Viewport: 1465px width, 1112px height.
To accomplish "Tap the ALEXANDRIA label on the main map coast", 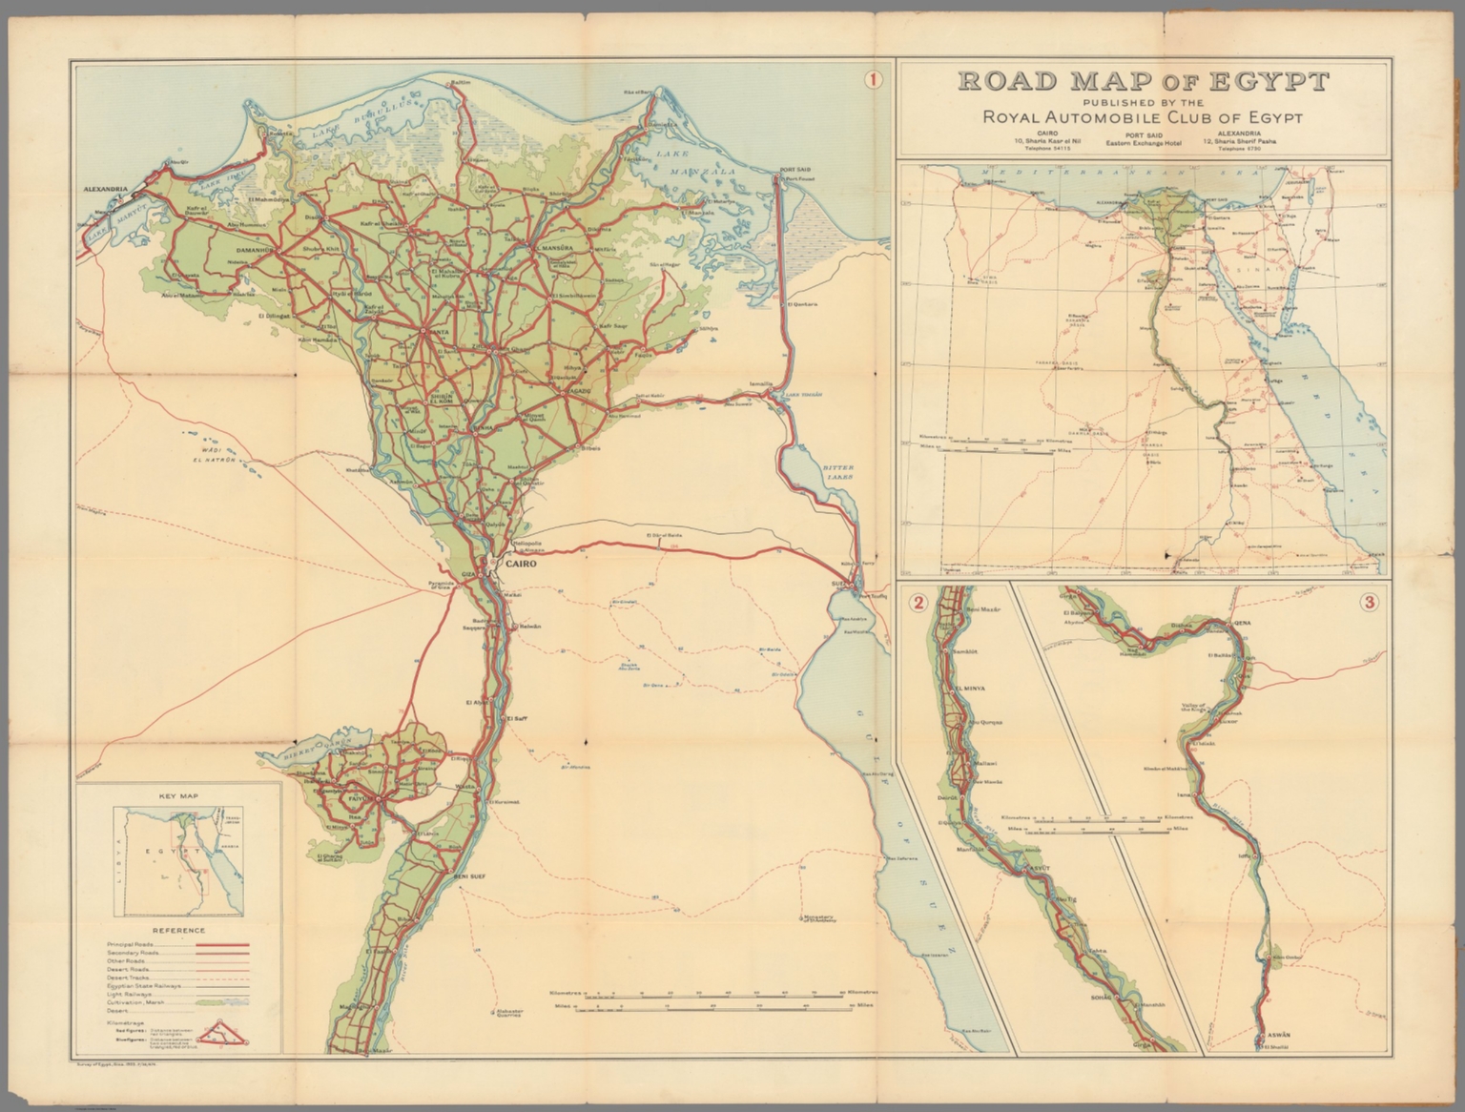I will coord(106,190).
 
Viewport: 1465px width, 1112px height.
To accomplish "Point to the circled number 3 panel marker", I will coord(1370,602).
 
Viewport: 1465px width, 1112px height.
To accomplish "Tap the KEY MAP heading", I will coord(177,793).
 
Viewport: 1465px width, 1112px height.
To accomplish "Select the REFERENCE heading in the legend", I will coord(177,931).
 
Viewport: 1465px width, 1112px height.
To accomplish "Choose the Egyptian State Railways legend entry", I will coord(143,987).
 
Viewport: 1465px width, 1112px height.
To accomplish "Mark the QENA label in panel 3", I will coord(1242,621).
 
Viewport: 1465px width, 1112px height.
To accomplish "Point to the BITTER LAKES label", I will coord(839,473).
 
